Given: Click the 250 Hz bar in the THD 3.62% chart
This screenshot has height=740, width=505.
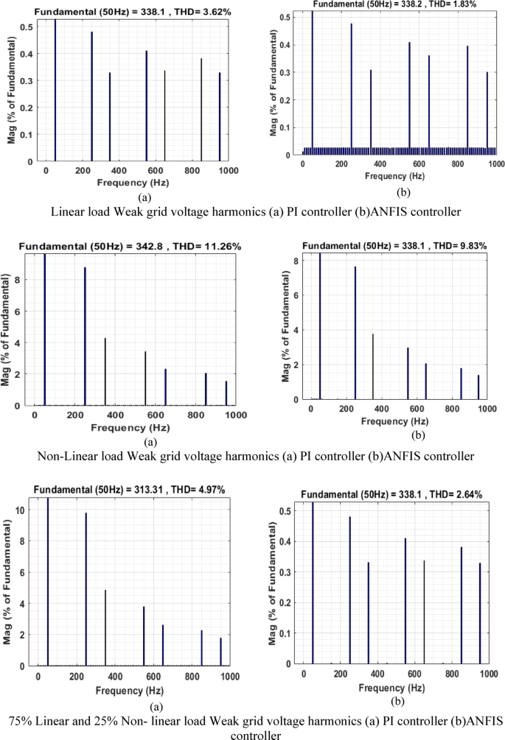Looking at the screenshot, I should (x=91, y=96).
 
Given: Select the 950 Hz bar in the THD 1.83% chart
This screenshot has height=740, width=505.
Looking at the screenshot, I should (x=487, y=114).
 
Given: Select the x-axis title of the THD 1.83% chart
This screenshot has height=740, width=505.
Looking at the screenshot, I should (x=398, y=177).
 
